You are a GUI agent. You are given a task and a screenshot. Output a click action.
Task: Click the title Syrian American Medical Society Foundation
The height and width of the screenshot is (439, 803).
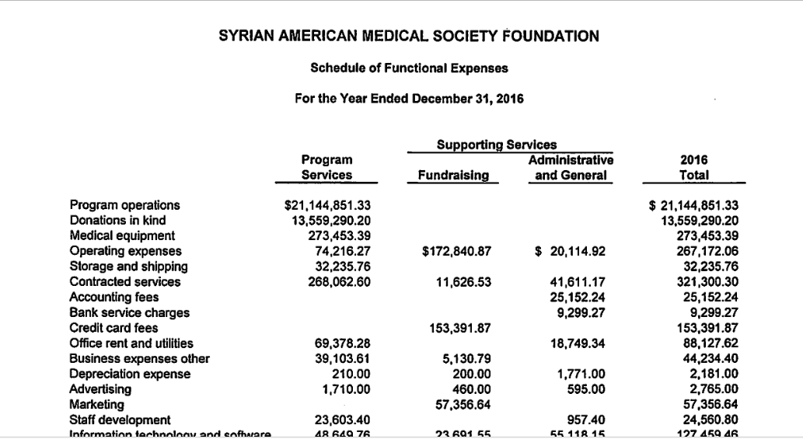pos(409,36)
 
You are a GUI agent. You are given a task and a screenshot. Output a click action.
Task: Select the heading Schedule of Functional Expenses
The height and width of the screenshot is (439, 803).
pos(409,68)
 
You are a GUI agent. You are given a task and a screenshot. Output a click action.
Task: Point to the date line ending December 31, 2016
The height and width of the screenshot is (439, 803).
pos(409,99)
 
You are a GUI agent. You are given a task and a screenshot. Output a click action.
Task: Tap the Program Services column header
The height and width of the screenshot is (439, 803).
pos(326,168)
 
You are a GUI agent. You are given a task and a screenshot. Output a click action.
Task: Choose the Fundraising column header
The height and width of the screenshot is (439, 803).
pos(453,176)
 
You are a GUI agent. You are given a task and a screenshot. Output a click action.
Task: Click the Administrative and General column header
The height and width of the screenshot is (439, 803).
pos(570,168)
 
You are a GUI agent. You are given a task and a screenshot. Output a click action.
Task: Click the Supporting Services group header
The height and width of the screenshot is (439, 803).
pos(497,145)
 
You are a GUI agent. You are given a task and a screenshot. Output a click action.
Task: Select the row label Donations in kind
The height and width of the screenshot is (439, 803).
pos(117,220)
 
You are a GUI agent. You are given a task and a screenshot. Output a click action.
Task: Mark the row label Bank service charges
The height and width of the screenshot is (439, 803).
pos(129,312)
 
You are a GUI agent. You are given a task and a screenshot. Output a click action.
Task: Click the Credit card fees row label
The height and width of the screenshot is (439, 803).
pos(113,328)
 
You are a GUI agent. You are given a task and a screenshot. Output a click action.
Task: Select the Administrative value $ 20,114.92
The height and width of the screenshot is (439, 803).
pos(571,251)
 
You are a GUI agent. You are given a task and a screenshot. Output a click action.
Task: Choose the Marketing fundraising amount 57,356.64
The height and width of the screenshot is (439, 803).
pos(463,405)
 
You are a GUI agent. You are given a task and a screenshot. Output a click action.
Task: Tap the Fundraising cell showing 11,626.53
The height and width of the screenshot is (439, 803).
pos(463,281)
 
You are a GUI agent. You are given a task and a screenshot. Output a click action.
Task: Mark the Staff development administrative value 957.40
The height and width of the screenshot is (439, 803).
pos(587,420)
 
